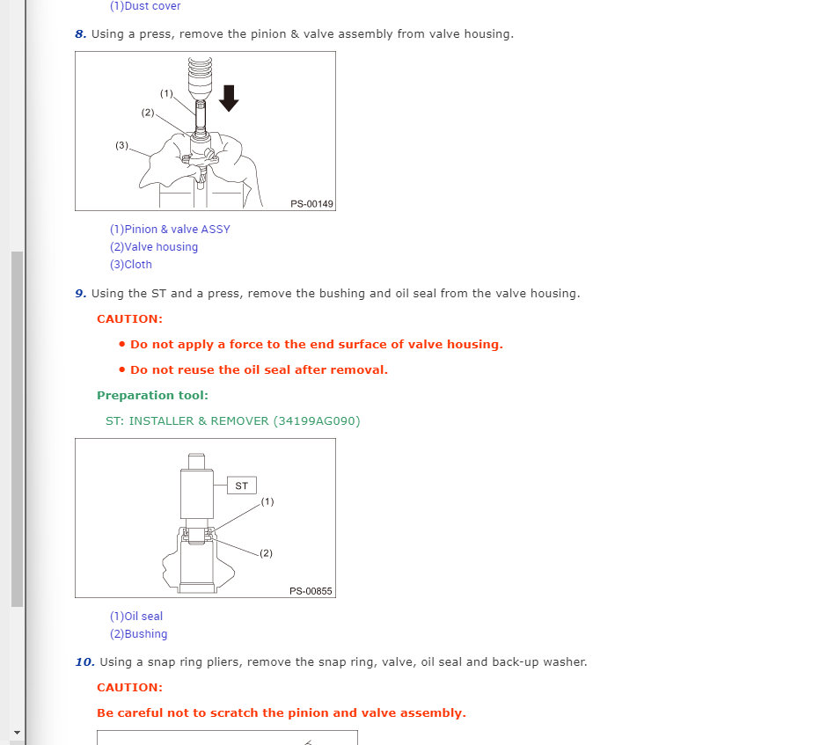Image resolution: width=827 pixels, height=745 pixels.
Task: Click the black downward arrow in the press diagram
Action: tap(229, 96)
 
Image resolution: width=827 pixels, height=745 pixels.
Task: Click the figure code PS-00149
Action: tap(311, 204)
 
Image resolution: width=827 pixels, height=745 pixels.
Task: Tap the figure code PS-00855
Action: tap(311, 591)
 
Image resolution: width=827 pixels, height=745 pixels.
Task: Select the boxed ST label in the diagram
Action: tap(242, 486)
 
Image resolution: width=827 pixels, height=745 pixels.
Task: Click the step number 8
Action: tap(80, 34)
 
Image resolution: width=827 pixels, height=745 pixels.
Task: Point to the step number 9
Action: tap(80, 294)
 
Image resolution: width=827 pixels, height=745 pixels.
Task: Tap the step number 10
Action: tap(84, 662)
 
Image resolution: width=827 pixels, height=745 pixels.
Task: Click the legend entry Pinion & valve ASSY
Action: tap(170, 230)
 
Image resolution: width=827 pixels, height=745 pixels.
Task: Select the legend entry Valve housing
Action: tap(154, 247)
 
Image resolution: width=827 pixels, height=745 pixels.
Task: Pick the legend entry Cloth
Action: tap(131, 265)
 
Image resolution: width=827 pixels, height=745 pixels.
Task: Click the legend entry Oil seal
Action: tap(136, 617)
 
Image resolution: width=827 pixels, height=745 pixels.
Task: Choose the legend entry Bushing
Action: tap(139, 634)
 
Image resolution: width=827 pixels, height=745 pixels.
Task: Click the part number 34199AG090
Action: tap(317, 421)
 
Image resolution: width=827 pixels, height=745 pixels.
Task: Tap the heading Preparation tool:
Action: tap(152, 396)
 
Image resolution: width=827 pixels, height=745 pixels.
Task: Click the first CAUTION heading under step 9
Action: tap(129, 319)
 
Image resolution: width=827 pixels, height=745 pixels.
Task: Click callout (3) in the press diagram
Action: tap(121, 145)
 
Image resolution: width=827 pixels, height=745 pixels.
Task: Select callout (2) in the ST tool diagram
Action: tap(266, 553)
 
